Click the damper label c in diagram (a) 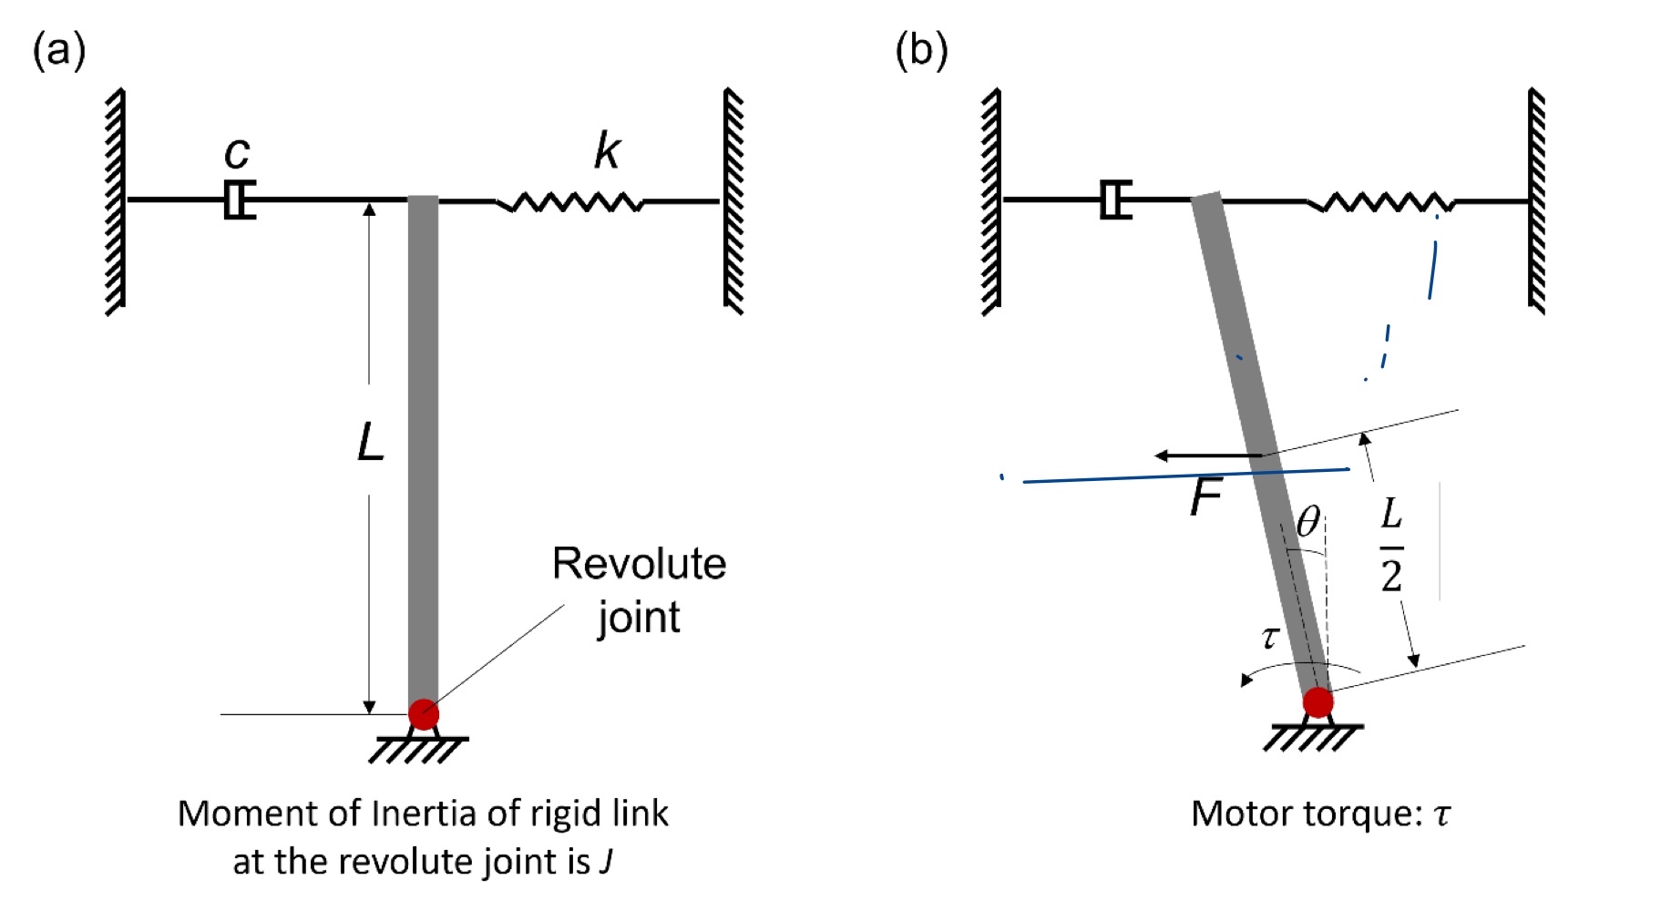pyautogui.click(x=237, y=153)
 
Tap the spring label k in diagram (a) pyautogui.click(x=607, y=150)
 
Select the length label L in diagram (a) pyautogui.click(x=370, y=444)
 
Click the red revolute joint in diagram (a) pyautogui.click(x=424, y=714)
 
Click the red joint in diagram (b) pyautogui.click(x=1317, y=702)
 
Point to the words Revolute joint pyautogui.click(x=639, y=589)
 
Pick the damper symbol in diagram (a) pyautogui.click(x=240, y=200)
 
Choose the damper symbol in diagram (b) pyautogui.click(x=1115, y=200)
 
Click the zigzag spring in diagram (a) pyautogui.click(x=570, y=201)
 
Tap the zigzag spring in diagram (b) pyautogui.click(x=1379, y=202)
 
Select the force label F pyautogui.click(x=1205, y=497)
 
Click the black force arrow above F pyautogui.click(x=1207, y=455)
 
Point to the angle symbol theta pyautogui.click(x=1308, y=522)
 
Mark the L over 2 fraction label pyautogui.click(x=1391, y=546)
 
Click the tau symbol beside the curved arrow pyautogui.click(x=1270, y=637)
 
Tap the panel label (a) pyautogui.click(x=59, y=50)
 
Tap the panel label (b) pyautogui.click(x=921, y=50)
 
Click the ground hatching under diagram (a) pyautogui.click(x=418, y=750)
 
